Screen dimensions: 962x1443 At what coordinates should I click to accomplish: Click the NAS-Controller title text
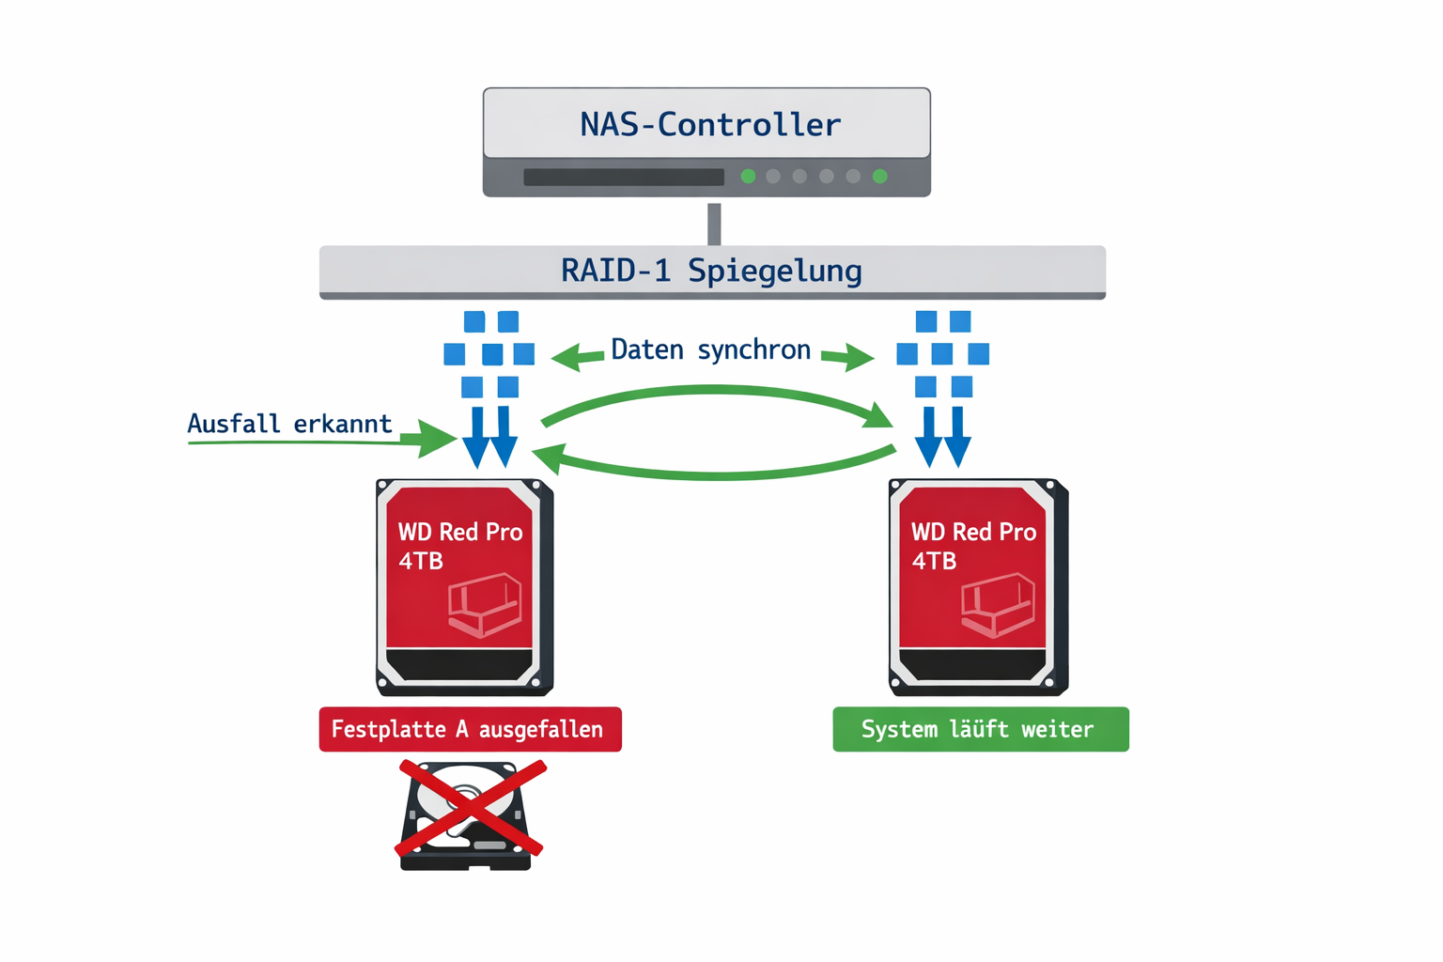(x=709, y=125)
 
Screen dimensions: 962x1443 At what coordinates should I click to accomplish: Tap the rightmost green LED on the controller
(x=880, y=177)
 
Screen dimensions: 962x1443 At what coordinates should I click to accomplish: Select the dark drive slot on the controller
(x=624, y=178)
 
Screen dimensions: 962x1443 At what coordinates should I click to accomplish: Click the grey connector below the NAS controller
(x=714, y=224)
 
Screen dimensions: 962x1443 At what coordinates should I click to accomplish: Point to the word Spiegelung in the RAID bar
(x=774, y=271)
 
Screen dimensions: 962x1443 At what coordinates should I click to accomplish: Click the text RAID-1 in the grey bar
(x=615, y=271)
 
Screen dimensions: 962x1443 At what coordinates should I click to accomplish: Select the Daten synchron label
(x=710, y=349)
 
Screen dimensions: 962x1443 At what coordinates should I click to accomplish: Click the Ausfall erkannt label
(x=289, y=424)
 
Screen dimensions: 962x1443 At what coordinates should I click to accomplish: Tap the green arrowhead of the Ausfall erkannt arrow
(x=436, y=439)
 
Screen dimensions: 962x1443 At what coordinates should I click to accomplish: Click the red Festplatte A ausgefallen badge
(x=470, y=729)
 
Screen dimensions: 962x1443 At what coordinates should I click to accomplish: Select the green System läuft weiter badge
(x=980, y=729)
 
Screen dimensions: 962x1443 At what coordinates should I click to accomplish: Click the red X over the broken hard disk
(x=471, y=809)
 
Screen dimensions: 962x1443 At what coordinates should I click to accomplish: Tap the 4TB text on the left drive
(x=420, y=561)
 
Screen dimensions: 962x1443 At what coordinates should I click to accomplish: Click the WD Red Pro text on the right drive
(x=973, y=532)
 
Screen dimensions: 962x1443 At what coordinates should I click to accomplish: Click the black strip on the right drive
(x=973, y=664)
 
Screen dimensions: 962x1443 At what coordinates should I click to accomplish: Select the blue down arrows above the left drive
(x=490, y=437)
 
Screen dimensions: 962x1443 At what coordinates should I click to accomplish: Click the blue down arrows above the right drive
(x=942, y=437)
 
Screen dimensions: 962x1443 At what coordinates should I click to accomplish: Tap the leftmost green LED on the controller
(x=748, y=177)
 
